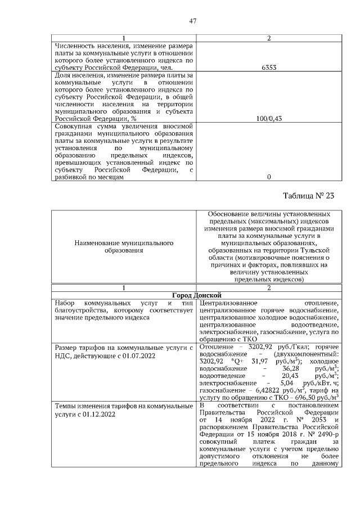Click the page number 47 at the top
[x=193, y=21]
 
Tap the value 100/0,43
[x=269, y=119]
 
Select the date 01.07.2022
[x=123, y=356]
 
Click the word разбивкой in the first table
[x=70, y=177]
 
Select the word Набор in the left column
[x=64, y=303]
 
